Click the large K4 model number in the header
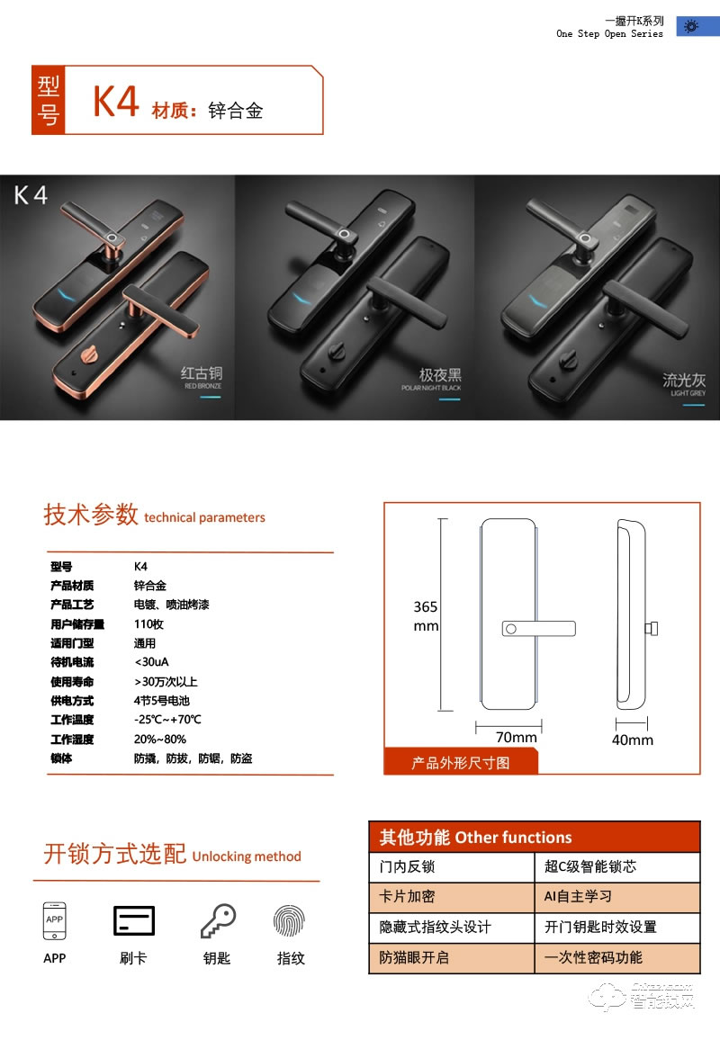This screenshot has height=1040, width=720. (116, 102)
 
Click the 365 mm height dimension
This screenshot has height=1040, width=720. (426, 615)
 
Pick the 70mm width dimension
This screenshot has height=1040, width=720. (516, 737)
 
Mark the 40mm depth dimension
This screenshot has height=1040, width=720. (633, 740)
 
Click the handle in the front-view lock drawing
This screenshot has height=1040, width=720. (538, 628)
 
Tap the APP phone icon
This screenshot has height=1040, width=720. (54, 921)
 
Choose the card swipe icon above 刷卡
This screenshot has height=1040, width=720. (133, 920)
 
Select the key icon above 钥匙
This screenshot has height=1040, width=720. (217, 921)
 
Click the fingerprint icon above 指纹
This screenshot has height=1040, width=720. (290, 921)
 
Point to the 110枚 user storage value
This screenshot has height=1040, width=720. (148, 624)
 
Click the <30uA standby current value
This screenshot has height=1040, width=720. (150, 662)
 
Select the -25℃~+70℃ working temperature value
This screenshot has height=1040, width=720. (167, 720)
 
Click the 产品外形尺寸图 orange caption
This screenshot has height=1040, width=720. (461, 763)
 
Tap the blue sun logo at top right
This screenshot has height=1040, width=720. (691, 27)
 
